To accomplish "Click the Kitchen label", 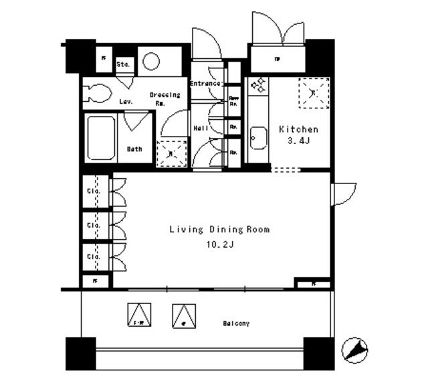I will [298, 129].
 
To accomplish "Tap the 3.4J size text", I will [298, 141].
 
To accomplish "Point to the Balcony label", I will [236, 323].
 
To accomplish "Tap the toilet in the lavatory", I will [97, 93].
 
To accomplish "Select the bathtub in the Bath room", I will [100, 138].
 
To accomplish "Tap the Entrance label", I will [205, 84].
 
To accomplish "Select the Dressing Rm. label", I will [164, 98].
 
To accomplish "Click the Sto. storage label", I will [123, 64].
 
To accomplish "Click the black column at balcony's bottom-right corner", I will [319, 353].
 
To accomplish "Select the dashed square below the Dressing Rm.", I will [171, 153].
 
